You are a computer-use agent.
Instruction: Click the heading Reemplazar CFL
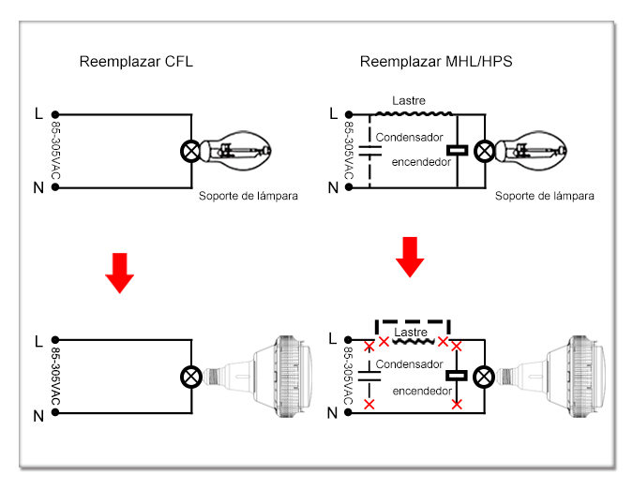point(136,62)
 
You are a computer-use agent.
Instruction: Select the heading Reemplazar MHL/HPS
point(436,62)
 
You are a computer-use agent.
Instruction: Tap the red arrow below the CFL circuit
point(119,273)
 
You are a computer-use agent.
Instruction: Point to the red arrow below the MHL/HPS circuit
point(410,258)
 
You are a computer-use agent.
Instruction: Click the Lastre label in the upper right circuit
point(409,100)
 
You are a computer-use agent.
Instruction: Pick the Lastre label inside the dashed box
point(411,333)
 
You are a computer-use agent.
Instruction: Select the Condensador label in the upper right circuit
point(410,138)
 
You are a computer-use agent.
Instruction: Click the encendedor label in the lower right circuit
point(422,391)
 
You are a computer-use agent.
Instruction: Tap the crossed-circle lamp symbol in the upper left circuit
point(191,152)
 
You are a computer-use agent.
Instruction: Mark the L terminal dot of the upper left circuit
point(55,114)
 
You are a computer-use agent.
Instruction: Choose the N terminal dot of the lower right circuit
point(349,412)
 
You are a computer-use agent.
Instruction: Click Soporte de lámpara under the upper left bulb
point(249,196)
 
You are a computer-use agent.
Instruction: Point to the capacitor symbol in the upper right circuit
point(369,151)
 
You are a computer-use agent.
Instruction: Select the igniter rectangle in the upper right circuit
point(457,151)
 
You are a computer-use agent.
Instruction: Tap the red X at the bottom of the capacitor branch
point(369,404)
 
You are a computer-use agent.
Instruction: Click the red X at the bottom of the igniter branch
point(457,404)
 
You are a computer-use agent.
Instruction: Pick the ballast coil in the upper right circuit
point(414,114)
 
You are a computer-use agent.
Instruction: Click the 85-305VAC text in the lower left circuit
point(55,377)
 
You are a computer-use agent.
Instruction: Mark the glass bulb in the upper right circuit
point(532,151)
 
